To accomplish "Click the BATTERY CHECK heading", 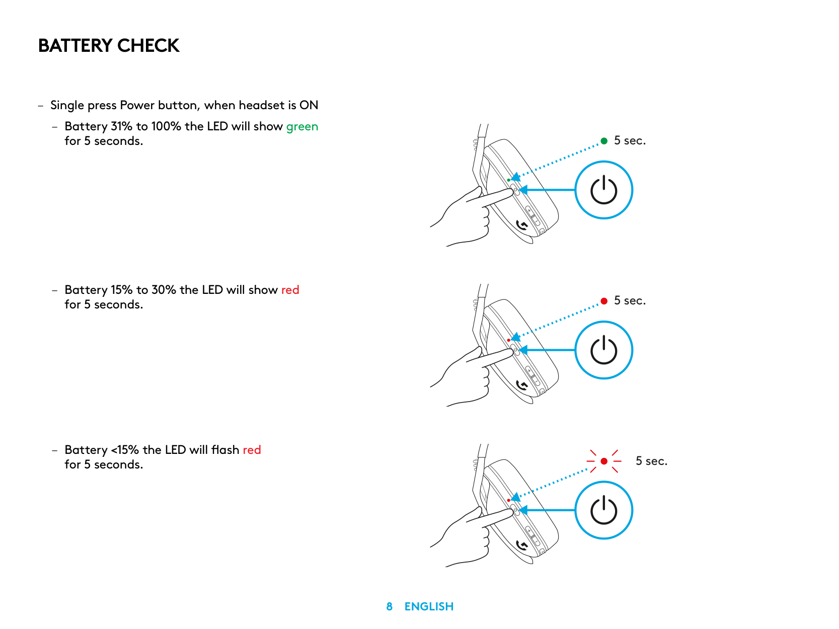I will click(109, 46).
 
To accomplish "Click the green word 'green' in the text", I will click(302, 127).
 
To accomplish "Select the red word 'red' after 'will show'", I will click(290, 290).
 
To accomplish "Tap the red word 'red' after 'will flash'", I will click(252, 450).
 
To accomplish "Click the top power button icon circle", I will click(603, 190).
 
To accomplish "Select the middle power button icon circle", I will click(603, 350).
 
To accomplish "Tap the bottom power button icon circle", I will click(603, 510).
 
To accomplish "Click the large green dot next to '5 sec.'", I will click(604, 141).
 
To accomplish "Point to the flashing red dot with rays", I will click(604, 461).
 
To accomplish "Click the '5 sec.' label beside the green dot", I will click(630, 141).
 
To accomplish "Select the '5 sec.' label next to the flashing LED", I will click(651, 461).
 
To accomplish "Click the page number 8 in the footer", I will click(389, 607).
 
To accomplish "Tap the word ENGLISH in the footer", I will click(429, 607).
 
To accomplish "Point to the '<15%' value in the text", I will click(125, 450).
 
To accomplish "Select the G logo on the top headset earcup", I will click(522, 225).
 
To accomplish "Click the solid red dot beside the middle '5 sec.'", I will click(604, 301).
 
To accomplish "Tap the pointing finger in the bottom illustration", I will click(491, 518).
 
